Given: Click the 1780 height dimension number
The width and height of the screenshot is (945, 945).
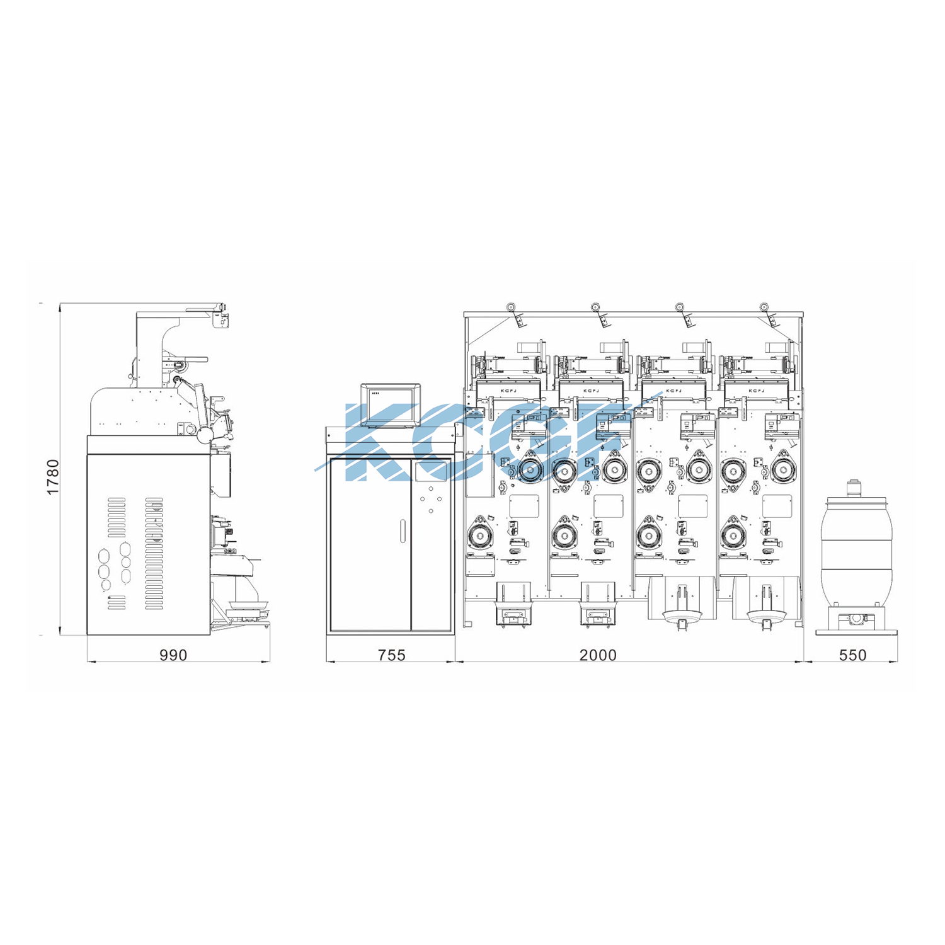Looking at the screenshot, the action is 52,477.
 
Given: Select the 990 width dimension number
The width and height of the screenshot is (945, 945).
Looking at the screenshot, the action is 173,655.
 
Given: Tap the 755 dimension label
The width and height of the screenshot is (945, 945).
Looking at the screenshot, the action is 391,655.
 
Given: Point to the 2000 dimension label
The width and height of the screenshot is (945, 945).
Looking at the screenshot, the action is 598,655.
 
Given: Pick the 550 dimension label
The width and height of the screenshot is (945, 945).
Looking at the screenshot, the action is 852,655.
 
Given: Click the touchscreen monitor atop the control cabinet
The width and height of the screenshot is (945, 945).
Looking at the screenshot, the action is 391,404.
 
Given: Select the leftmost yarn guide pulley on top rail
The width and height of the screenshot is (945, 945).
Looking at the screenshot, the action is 511,307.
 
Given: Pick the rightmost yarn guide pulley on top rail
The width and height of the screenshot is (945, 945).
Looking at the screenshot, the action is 764,307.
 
